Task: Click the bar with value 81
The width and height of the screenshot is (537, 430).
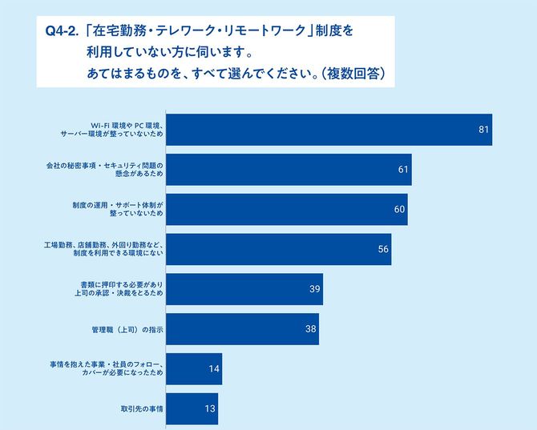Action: point(329,130)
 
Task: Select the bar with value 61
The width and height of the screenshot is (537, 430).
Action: point(289,170)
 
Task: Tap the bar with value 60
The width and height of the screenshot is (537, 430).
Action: point(286,209)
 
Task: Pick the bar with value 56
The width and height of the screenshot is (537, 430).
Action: point(278,249)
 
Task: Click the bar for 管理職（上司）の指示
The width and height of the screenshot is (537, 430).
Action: point(242,329)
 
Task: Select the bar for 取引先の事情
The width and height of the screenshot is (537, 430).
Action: point(192,408)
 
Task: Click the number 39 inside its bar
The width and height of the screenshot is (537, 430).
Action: point(314,289)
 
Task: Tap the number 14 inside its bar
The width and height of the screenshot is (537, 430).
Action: point(213,369)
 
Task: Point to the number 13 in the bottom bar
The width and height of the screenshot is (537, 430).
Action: point(209,408)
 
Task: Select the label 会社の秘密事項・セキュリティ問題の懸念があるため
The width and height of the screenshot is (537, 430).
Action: point(104,170)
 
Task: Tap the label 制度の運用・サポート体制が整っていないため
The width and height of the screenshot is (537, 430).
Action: point(117,209)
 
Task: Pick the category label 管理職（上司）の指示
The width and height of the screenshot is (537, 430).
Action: point(127,329)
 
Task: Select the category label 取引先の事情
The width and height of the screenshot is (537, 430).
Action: point(141,408)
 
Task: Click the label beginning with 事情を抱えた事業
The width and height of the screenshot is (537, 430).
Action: point(106,369)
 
